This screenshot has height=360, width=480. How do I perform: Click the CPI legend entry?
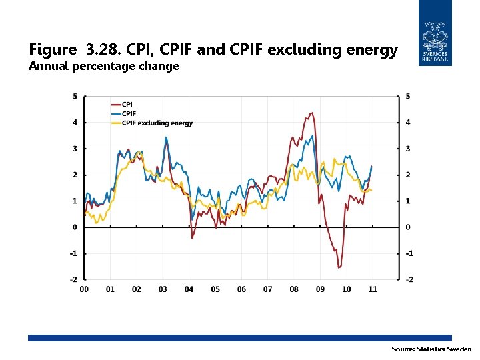(127, 105)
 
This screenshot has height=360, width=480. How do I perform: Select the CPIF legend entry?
(129, 113)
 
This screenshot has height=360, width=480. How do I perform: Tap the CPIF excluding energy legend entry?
(157, 123)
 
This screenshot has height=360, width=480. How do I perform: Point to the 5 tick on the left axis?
(75, 97)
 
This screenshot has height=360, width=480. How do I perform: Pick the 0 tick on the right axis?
(408, 227)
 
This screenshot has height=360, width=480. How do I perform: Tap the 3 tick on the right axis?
(408, 149)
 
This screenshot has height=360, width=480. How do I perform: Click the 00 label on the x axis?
(84, 289)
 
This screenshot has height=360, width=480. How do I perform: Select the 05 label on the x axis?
(215, 289)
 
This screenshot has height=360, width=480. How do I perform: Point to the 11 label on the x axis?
(373, 289)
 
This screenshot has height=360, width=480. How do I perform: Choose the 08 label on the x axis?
(294, 289)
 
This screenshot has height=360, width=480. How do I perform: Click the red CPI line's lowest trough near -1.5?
(339, 267)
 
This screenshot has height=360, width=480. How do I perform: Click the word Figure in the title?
(53, 49)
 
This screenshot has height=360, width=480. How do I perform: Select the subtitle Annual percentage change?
(103, 66)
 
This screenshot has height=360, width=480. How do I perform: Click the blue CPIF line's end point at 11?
(371, 166)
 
